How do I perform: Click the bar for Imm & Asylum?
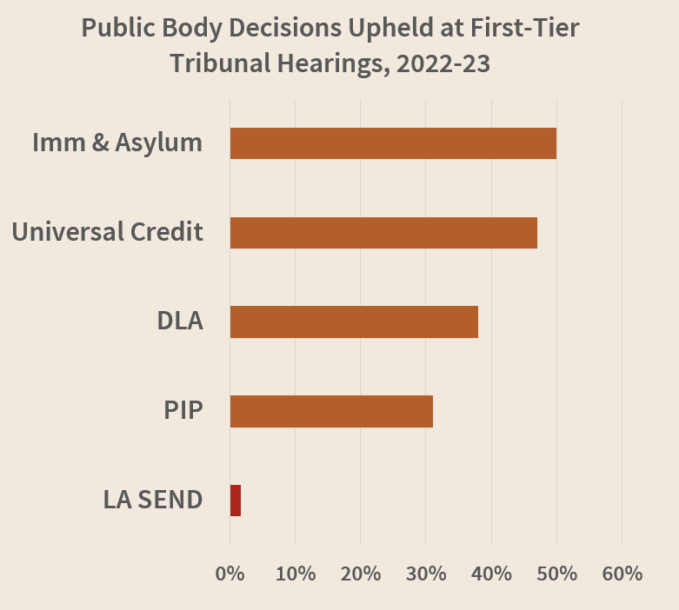pos(393,143)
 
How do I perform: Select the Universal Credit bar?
pos(383,233)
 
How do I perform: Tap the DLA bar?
pos(354,322)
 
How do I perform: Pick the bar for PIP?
pos(331,411)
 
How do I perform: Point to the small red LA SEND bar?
pos(236,501)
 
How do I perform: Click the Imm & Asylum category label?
pos(117,143)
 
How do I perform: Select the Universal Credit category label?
pos(107,232)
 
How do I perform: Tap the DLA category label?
pos(180,321)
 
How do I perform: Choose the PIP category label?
pos(183,410)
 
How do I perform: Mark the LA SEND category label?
pos(153,500)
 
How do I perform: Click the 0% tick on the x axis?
pos(230,574)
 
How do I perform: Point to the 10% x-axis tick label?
pos(295,574)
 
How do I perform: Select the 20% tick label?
pos(361,574)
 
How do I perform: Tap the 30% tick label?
pos(426,574)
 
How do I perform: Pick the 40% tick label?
pos(491,574)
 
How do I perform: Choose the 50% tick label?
pos(557,574)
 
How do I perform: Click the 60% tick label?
pos(622,574)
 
